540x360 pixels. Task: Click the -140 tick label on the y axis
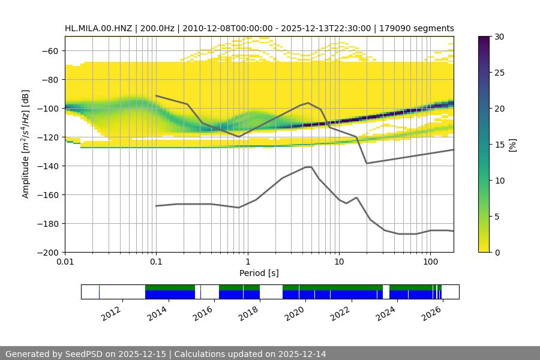pos(50,166)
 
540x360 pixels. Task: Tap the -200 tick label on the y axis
pos(50,252)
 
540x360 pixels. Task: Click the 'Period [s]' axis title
pos(259,273)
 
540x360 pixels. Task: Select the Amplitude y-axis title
pos(26,144)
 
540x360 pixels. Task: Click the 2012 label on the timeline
pos(112,313)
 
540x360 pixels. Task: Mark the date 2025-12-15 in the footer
pos(139,354)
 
